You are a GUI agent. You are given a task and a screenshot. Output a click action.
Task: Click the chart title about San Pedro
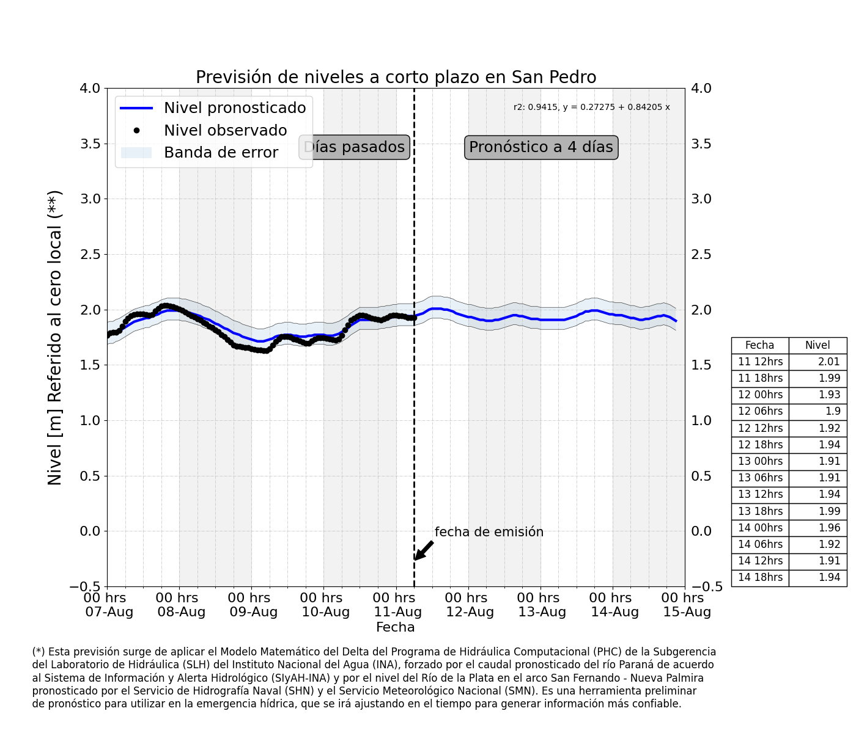(x=396, y=78)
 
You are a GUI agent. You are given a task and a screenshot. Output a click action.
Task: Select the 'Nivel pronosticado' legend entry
(x=213, y=108)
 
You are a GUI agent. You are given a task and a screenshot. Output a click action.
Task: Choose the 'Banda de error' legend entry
(x=199, y=153)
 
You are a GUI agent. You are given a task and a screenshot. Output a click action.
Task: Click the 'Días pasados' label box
(x=354, y=147)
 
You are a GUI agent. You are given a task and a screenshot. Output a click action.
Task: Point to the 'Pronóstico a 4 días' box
(x=541, y=147)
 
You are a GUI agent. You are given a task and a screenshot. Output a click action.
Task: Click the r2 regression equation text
(x=591, y=107)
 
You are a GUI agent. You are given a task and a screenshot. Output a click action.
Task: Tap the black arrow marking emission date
(x=424, y=550)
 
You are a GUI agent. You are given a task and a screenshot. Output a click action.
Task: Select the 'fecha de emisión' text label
(x=489, y=532)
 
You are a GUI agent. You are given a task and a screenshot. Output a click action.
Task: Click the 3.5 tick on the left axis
(x=90, y=144)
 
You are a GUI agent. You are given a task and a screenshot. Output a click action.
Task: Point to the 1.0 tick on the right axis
(x=701, y=421)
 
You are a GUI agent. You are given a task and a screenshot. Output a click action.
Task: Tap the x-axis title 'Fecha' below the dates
(x=395, y=627)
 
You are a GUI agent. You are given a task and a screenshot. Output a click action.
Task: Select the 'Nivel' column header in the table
(x=817, y=345)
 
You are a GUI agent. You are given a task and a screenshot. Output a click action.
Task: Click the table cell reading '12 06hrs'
(x=761, y=412)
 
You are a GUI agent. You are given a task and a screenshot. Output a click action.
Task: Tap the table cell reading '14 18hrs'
(x=761, y=577)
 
